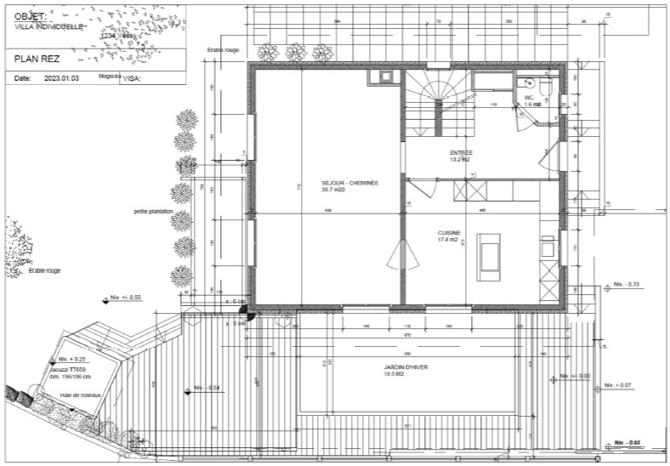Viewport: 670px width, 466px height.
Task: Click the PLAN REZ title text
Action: [x=38, y=60]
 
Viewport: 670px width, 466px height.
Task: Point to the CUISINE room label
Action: [x=448, y=232]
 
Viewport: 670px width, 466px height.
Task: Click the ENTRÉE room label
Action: [x=461, y=152]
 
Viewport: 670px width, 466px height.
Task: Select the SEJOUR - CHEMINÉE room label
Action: [x=349, y=183]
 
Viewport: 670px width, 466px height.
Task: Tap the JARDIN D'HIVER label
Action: [x=406, y=367]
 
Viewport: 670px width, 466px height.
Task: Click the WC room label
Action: [x=529, y=98]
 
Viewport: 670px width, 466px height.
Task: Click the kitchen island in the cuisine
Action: [x=489, y=255]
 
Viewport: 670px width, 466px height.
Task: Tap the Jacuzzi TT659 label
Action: [x=68, y=370]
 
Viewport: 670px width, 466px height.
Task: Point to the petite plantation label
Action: [x=153, y=210]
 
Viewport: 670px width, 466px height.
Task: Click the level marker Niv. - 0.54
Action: [x=207, y=388]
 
